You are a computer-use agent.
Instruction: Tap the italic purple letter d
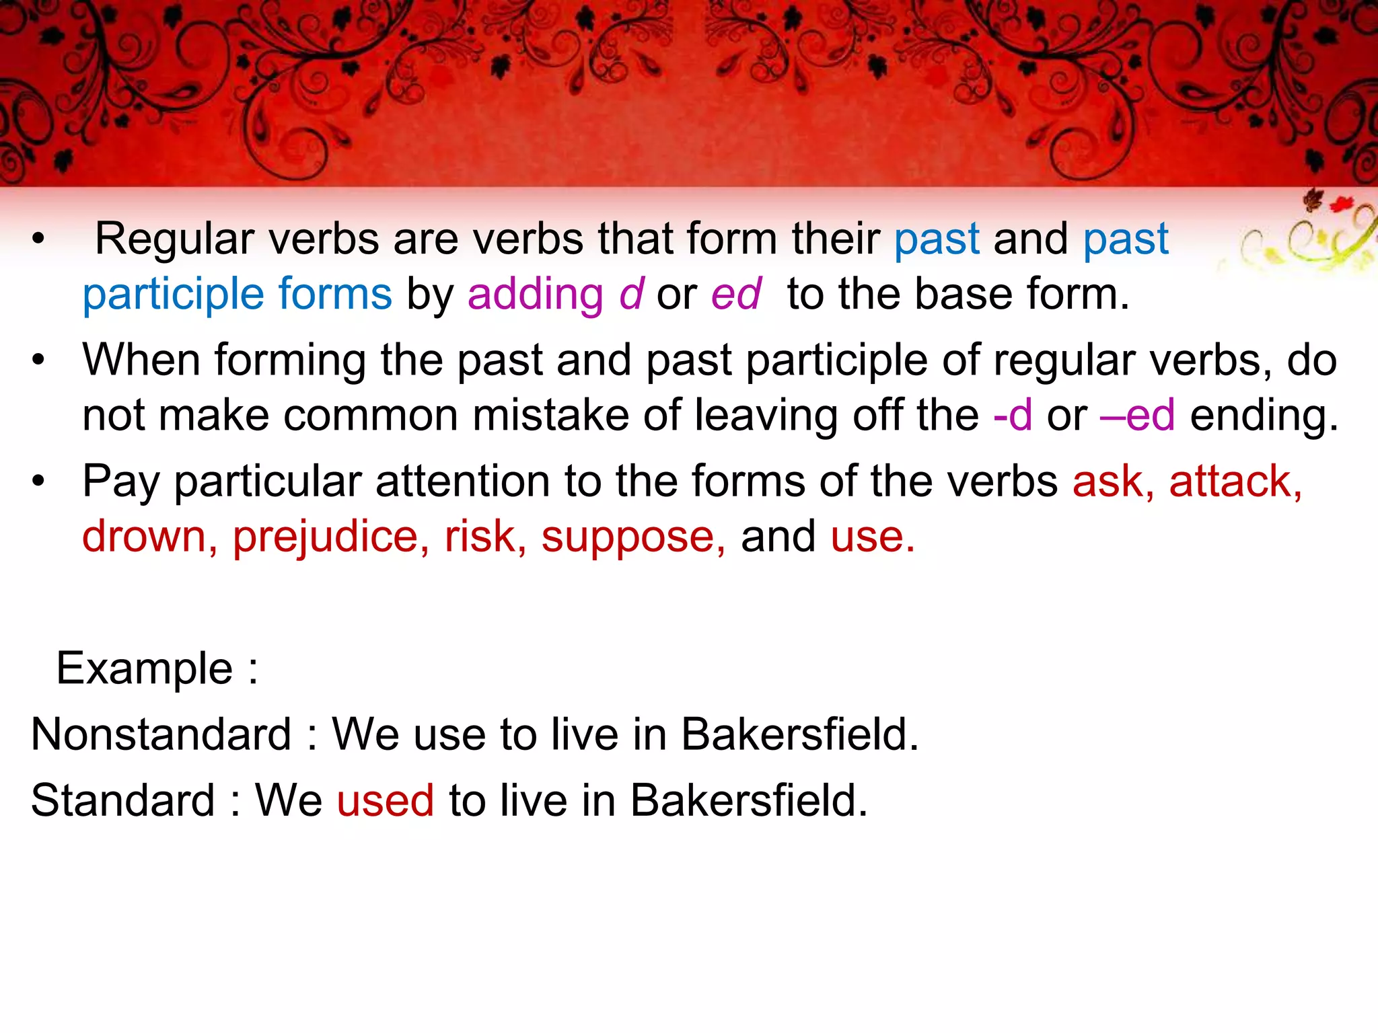point(631,295)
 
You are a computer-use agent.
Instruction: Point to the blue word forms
point(334,295)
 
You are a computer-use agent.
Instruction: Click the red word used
point(386,801)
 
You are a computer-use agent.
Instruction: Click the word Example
point(144,669)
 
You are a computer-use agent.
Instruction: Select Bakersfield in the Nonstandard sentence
point(799,734)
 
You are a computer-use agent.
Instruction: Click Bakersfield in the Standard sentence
point(749,801)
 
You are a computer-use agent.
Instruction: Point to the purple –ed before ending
point(1138,416)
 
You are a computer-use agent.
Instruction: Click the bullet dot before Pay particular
point(38,482)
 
